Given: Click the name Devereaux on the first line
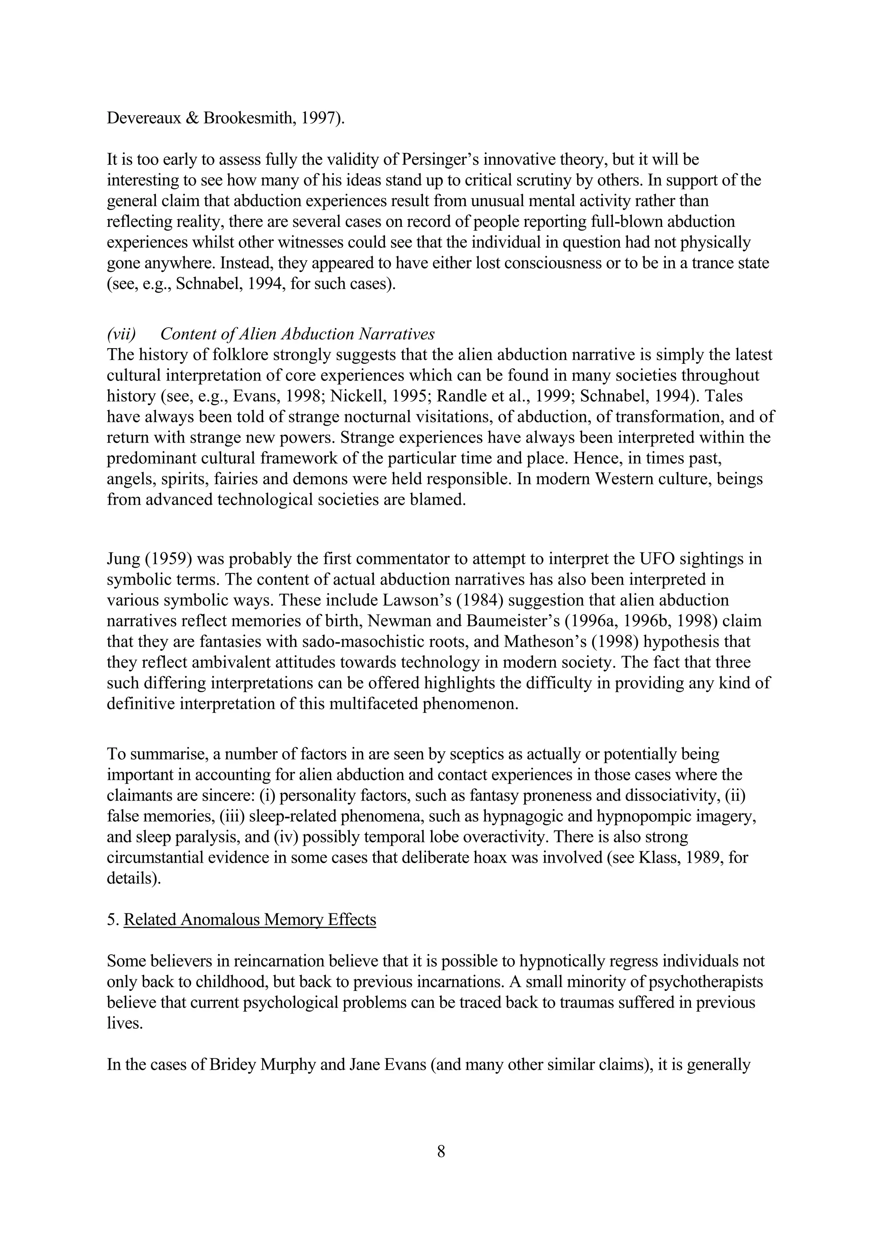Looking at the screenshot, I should point(143,118).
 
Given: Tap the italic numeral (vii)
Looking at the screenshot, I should point(121,334).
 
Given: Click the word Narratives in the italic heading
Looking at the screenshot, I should point(398,334).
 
